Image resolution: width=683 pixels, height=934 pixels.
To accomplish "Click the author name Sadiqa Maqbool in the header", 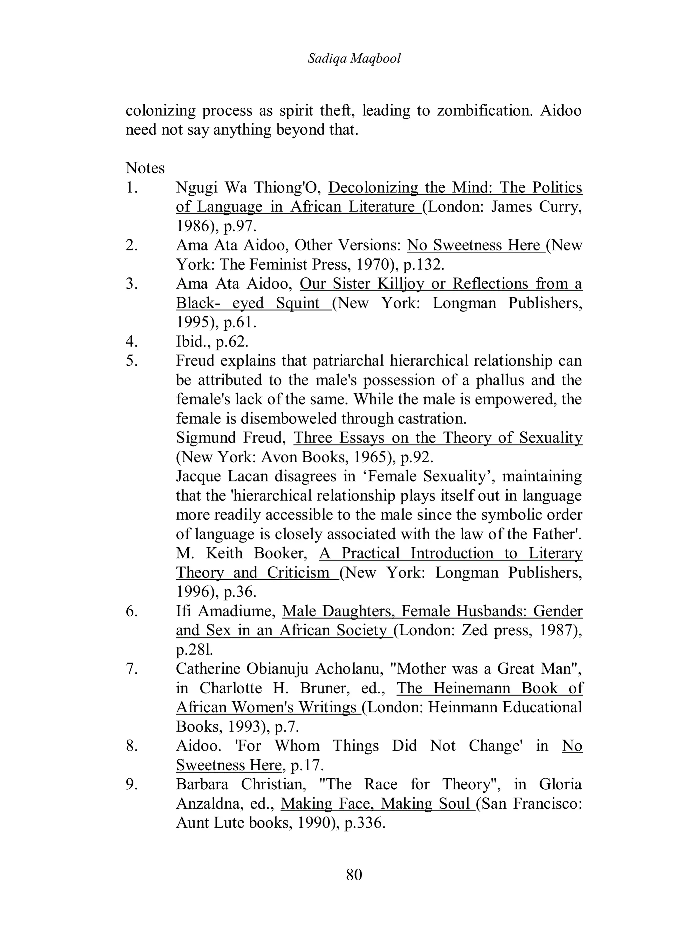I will tap(354, 59).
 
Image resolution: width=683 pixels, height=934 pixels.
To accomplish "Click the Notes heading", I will tap(145, 168).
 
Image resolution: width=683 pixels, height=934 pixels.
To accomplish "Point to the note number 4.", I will tap(131, 342).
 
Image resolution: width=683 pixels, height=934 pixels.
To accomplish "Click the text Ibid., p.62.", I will tap(212, 342).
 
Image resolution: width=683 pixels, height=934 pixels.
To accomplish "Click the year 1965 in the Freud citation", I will tap(364, 457).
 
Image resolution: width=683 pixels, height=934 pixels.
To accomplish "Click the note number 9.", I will tap(131, 784).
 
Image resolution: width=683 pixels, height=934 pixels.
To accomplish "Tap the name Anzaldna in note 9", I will tap(209, 804).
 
